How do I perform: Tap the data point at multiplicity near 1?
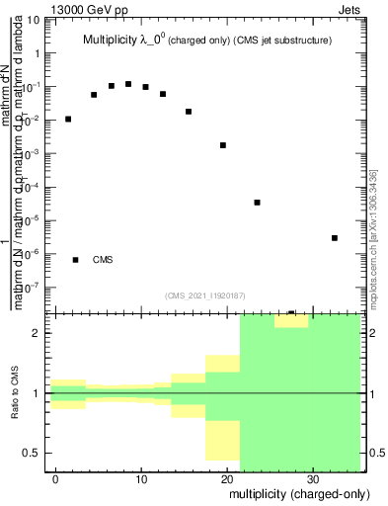click(68, 119)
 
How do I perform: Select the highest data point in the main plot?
click(128, 84)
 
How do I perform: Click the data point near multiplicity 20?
click(223, 145)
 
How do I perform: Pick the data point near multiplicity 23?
click(257, 203)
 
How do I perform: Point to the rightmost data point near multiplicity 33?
click(335, 237)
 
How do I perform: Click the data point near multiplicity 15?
click(189, 112)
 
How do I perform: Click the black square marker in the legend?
click(75, 260)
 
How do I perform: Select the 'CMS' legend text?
click(103, 260)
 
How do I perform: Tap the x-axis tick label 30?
click(312, 478)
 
